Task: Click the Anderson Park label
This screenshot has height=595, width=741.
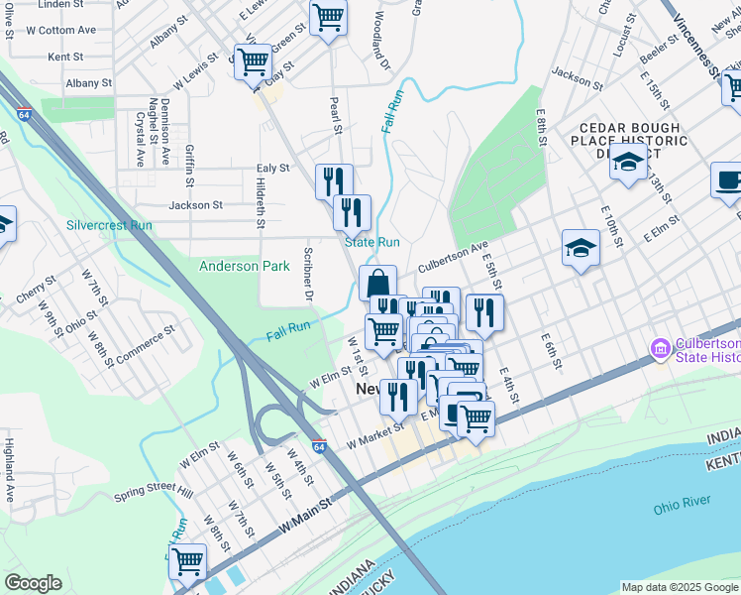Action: (x=244, y=266)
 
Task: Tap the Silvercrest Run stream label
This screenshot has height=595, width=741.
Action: (x=109, y=225)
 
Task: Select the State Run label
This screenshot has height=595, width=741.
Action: (x=371, y=242)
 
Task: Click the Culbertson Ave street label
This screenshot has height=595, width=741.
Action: (x=453, y=257)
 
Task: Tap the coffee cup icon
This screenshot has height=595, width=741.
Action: (x=729, y=180)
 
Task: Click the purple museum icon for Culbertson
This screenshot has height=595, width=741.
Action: (x=660, y=349)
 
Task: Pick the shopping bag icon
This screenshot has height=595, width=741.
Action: (x=377, y=284)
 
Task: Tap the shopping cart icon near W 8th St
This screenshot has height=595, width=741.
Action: (x=187, y=561)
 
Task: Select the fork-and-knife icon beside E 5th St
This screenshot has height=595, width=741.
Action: (x=484, y=312)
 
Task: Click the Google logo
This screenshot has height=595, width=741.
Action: (x=33, y=583)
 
